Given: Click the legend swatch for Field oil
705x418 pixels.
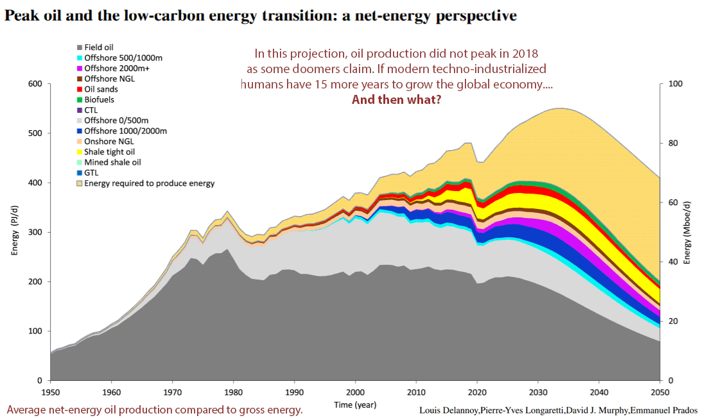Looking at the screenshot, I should [x=79, y=47].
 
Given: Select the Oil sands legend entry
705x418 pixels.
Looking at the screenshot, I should [x=101, y=89].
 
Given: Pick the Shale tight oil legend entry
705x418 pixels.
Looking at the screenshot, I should [x=109, y=152].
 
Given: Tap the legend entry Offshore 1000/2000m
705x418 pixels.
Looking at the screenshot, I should [x=126, y=131].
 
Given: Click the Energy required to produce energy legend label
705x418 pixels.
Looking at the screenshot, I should [x=150, y=183].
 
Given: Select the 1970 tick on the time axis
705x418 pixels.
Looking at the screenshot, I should [x=173, y=392].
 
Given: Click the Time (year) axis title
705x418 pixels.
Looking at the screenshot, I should [x=355, y=405].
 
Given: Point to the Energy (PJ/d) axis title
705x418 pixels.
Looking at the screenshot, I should [x=14, y=232].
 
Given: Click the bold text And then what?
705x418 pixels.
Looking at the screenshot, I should [x=396, y=100].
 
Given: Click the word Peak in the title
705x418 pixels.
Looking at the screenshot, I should [x=20, y=16].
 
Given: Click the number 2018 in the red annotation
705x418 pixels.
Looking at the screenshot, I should [x=523, y=53].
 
